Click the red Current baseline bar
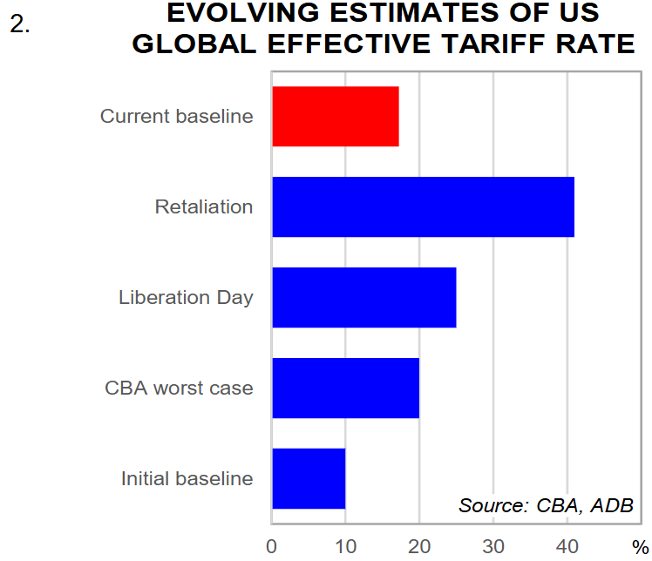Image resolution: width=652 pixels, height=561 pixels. pyautogui.click(x=336, y=117)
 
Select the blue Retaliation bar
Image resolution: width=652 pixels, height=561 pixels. pyautogui.click(x=423, y=207)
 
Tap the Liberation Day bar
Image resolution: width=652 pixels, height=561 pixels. pyautogui.click(x=364, y=298)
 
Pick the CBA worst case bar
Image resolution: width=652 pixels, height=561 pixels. pyautogui.click(x=345, y=388)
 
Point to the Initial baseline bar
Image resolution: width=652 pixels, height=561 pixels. pyautogui.click(x=309, y=478)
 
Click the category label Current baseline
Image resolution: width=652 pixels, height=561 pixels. pyautogui.click(x=177, y=116)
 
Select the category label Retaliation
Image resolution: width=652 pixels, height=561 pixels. pyautogui.click(x=204, y=207)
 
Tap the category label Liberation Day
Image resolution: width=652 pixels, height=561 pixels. pyautogui.click(x=186, y=298)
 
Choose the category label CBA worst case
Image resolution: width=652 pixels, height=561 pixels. pyautogui.click(x=179, y=388)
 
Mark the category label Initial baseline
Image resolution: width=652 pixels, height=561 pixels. pyautogui.click(x=187, y=478)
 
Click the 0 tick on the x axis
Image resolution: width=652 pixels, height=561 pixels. pyautogui.click(x=272, y=546)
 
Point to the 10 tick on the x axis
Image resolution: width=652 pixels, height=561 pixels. pyautogui.click(x=345, y=546)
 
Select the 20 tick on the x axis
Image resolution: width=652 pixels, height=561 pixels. pyautogui.click(x=419, y=546)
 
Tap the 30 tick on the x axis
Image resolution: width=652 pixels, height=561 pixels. pyautogui.click(x=493, y=546)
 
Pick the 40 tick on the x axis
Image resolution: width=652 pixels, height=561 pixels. pyautogui.click(x=567, y=546)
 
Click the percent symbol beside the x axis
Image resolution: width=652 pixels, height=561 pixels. pyautogui.click(x=641, y=548)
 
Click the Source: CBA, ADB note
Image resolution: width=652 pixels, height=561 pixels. pyautogui.click(x=546, y=506)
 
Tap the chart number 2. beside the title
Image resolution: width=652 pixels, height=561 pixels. pyautogui.click(x=20, y=24)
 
